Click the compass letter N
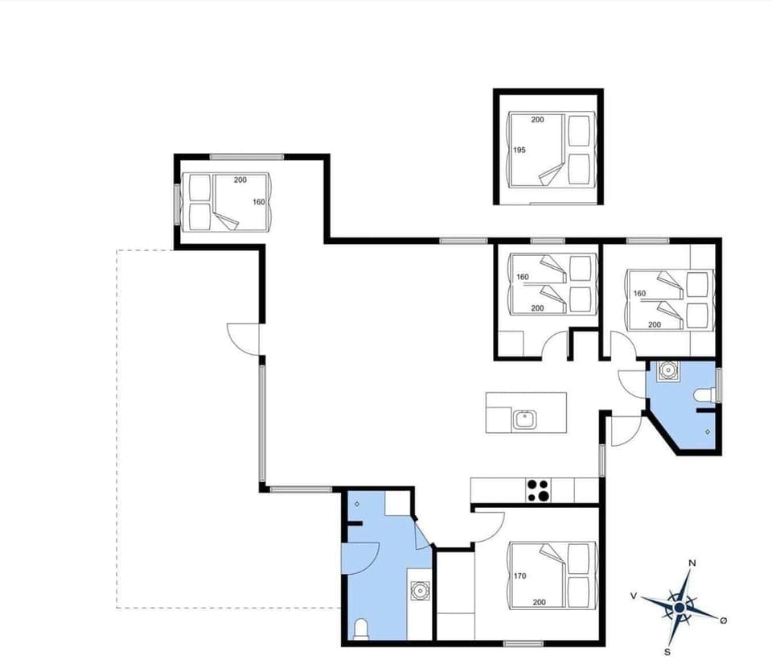click(x=692, y=563)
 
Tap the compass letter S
click(x=667, y=651)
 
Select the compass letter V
click(x=634, y=596)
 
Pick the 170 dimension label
click(x=519, y=575)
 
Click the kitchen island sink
click(x=524, y=419)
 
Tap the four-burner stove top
click(x=538, y=489)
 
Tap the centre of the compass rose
click(x=680, y=606)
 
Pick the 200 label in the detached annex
click(x=537, y=120)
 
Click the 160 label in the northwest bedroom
click(x=258, y=202)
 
